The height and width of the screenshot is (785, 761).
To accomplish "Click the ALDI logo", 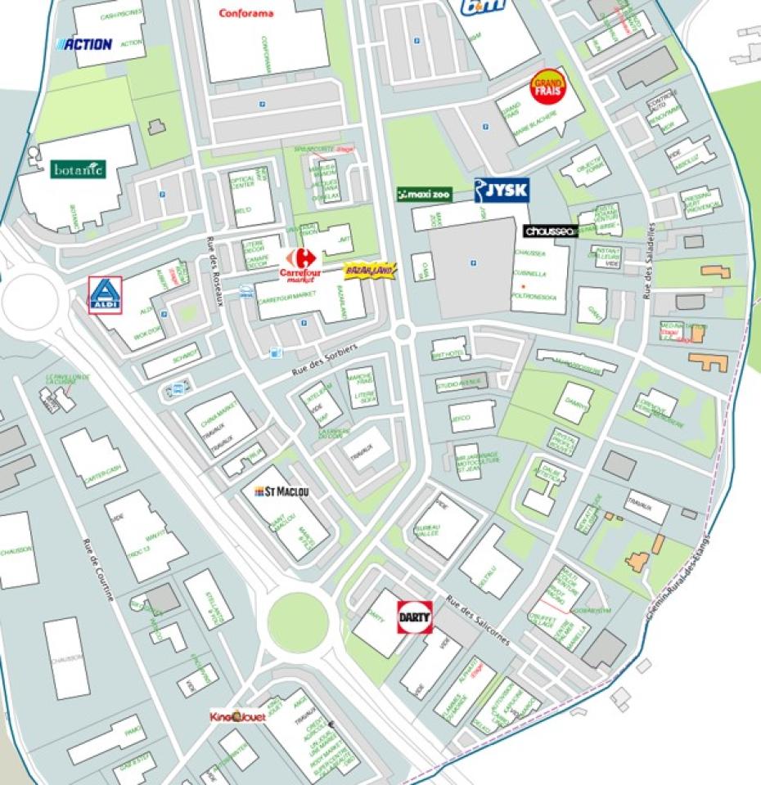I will pos(106,294).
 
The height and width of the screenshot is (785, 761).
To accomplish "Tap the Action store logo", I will pos(83,43).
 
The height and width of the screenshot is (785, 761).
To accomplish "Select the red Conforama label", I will pos(246,13).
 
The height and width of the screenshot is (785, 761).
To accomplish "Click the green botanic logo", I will pos(79,169).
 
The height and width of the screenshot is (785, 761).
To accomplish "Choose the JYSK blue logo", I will pos(502,191).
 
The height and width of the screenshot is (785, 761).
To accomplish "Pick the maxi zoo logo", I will pos(424,195).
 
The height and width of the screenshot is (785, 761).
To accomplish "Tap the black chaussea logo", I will pos(551,231).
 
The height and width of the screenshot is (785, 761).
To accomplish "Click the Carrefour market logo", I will pos(298,265).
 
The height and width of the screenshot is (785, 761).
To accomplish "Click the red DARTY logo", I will pos(415,617).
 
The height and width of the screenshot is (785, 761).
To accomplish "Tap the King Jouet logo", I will pos(237,716).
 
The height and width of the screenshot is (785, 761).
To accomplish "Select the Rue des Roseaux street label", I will pos(215,271).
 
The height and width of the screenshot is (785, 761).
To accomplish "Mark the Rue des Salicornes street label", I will pos(479,621).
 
